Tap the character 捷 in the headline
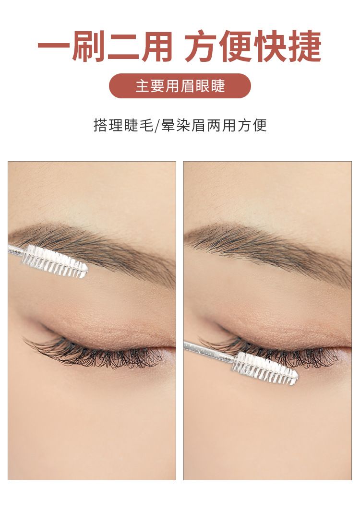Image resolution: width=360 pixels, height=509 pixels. click(305, 46)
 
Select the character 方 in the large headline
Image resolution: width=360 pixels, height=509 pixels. click(202, 46)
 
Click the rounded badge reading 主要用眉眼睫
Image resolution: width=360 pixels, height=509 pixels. click(180, 86)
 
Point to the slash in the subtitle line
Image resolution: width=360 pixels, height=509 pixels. click(157, 126)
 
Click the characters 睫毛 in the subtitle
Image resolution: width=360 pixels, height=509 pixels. click(139, 125)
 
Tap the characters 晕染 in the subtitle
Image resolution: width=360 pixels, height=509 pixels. click(176, 125)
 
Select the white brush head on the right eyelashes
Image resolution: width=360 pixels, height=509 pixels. click(264, 368)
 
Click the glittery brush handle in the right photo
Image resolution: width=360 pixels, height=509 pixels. click(208, 351)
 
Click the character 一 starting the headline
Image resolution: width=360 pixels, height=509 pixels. click(53, 46)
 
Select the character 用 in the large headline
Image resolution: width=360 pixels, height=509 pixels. click(156, 46)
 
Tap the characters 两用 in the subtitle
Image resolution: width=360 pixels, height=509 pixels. click(221, 125)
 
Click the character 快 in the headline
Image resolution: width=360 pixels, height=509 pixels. click(271, 46)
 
